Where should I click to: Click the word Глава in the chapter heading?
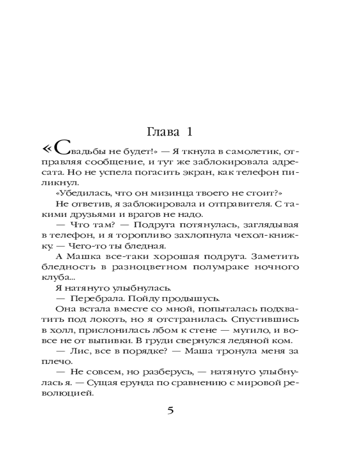click(161, 133)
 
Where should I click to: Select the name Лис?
click(81, 351)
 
